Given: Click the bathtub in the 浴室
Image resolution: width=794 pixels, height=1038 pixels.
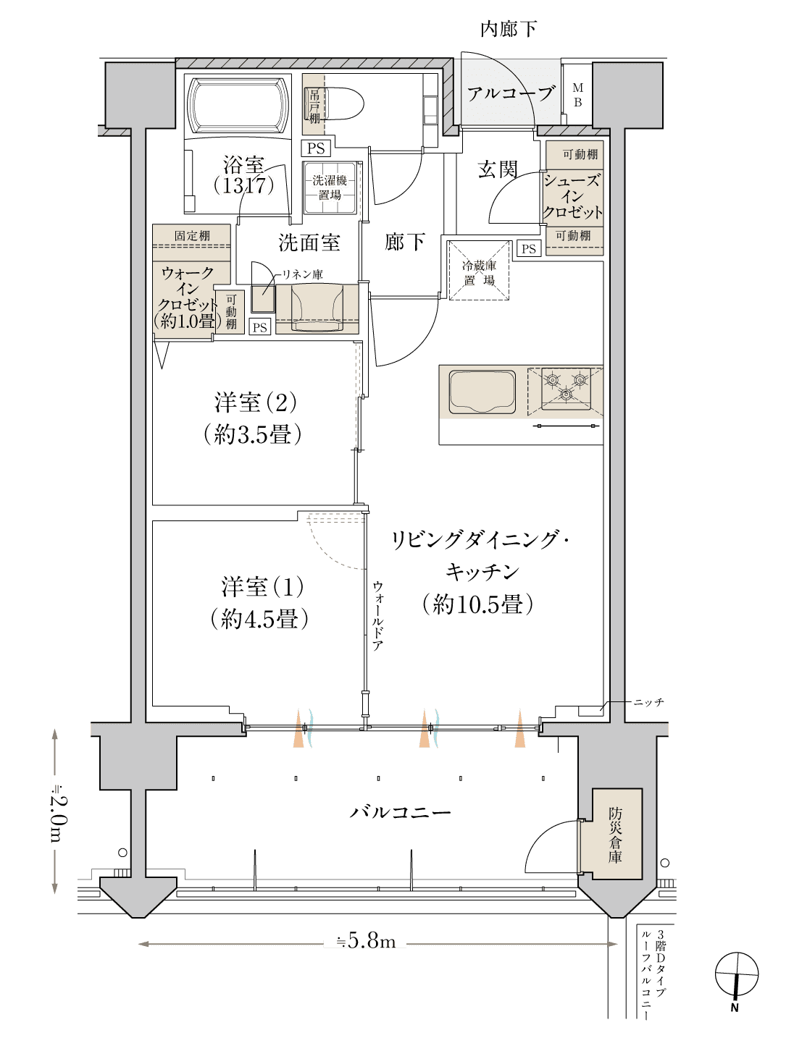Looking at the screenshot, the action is point(238,106).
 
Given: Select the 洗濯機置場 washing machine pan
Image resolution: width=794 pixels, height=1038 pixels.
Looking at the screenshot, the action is point(330,187).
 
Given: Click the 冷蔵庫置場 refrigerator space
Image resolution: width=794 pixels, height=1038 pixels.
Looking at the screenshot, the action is point(479,271).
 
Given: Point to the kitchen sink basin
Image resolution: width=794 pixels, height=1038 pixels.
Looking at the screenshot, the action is point(482,392).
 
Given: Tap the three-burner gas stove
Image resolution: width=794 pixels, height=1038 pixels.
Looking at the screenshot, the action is point(566,388).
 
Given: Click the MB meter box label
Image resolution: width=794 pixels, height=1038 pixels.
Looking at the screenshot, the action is point(578,95).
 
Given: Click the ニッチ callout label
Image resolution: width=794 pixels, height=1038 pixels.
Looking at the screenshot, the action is point(648,703).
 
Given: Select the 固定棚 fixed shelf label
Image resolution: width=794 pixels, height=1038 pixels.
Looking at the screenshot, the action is point(192,235).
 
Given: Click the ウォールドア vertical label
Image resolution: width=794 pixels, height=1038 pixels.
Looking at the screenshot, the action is point(377,615).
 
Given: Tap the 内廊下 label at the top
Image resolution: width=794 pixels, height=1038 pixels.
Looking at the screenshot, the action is point(509,30).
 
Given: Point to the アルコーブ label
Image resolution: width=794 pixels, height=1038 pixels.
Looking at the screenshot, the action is point(511,93).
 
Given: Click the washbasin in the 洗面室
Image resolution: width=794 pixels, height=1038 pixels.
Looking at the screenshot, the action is point(317,308).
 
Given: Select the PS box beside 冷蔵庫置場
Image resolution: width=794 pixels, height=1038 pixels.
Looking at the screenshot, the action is point(529,249).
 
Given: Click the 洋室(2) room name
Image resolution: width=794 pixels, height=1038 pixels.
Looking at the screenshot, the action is point(256,402).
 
